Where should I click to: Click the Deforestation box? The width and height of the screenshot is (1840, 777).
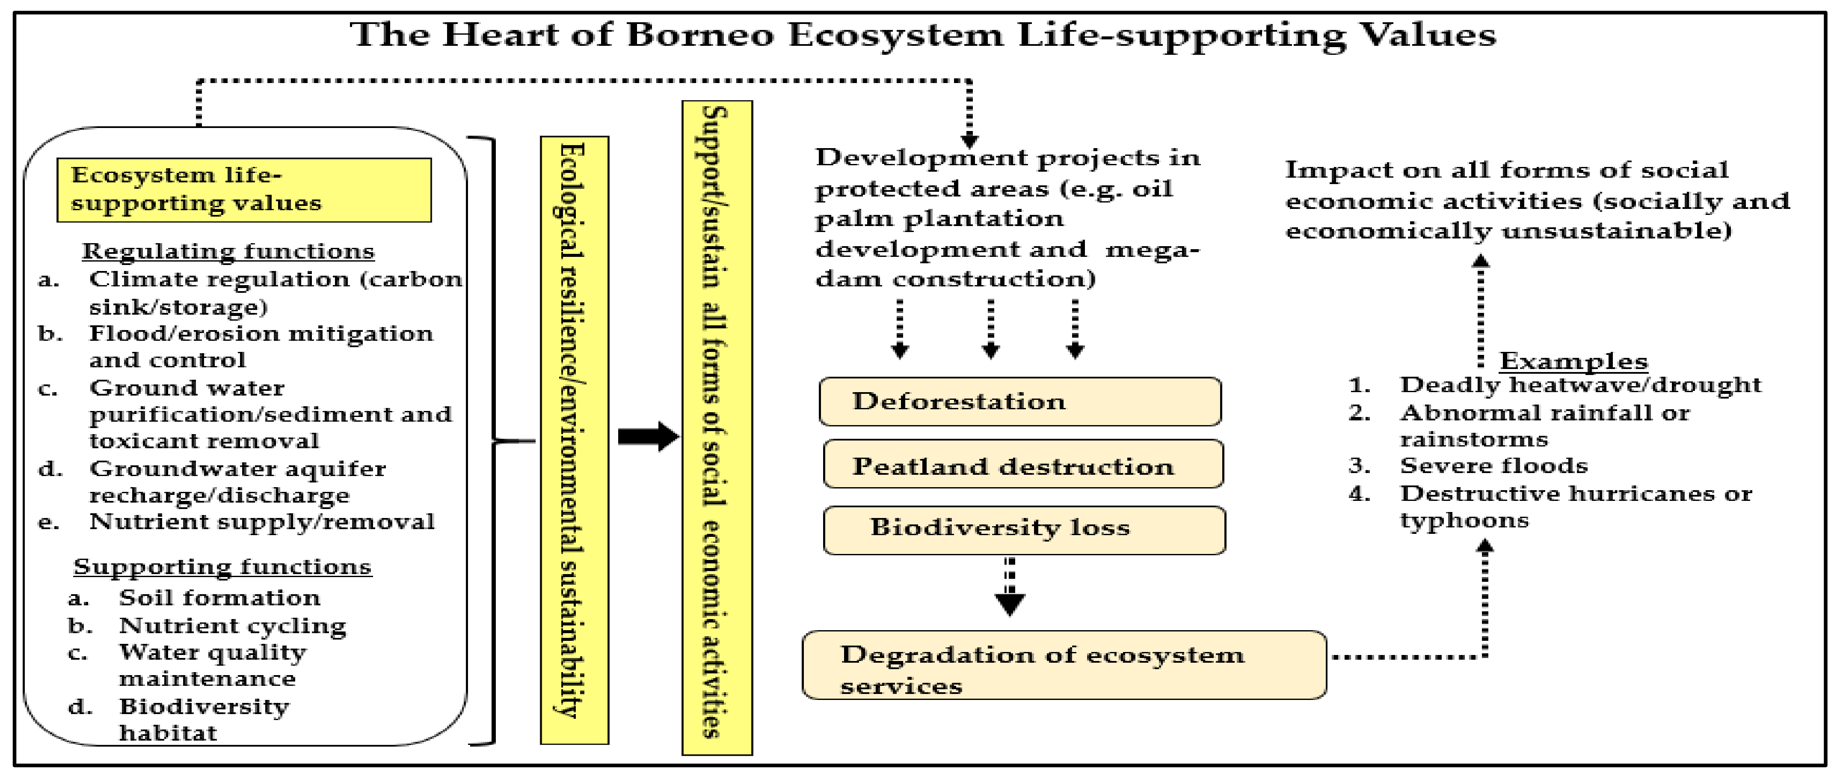pos(1020,402)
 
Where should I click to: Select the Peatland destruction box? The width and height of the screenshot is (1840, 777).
pos(1023,464)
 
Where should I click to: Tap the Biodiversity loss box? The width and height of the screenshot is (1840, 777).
pos(1024,530)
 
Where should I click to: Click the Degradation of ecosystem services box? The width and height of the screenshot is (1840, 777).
pos(1064,665)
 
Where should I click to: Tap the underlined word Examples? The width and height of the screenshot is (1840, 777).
pos(1573,361)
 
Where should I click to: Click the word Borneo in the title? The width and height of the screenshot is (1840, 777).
pos(699,34)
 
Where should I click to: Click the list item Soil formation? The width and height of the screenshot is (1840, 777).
pos(219,598)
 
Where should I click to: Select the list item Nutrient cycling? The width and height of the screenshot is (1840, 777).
pos(232,626)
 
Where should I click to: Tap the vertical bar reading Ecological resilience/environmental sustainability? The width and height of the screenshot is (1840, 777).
pos(574,440)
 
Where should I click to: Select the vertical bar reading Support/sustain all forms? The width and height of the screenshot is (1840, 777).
pos(717,428)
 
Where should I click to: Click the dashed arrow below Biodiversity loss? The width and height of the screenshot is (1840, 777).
pos(1009,586)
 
